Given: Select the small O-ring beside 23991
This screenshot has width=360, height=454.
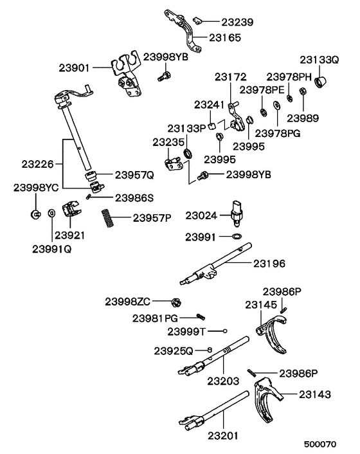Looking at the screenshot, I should point(237,237).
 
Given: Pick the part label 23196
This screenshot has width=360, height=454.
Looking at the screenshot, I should point(270,263).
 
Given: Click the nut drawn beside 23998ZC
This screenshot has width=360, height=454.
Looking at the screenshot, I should point(175,301).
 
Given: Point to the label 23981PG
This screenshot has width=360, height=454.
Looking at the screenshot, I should point(155,317).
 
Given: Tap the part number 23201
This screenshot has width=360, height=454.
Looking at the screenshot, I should point(222,436).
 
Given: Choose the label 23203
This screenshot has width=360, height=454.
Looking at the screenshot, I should point(222,381).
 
